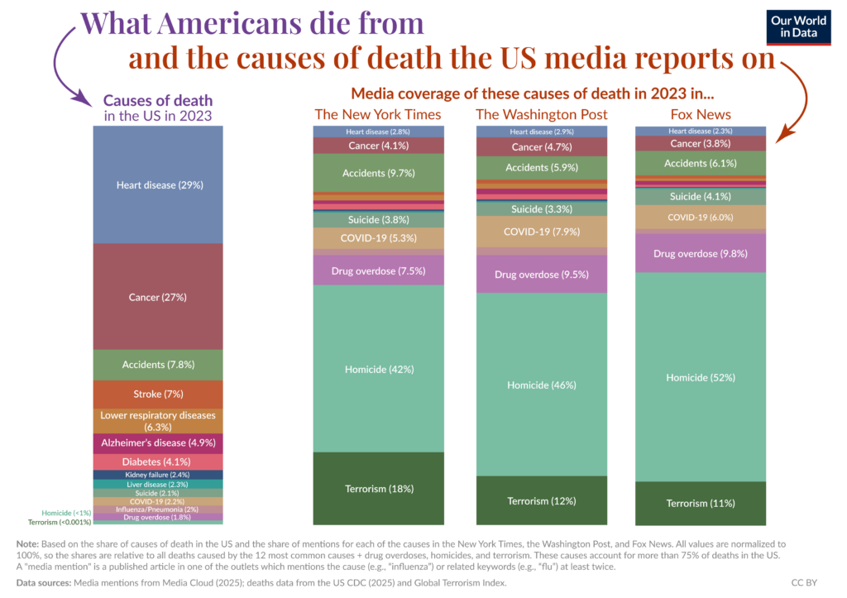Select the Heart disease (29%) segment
coord(160,184)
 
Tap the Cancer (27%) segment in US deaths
coord(160,296)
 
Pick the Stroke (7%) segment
coord(160,394)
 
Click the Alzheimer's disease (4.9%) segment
coord(160,443)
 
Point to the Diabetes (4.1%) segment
coord(160,462)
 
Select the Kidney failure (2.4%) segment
coord(160,475)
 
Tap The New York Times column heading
coord(377,114)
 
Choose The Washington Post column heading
coord(541,114)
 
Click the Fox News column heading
coord(701,114)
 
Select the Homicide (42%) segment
coord(377,368)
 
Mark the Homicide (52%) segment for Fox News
coord(701,377)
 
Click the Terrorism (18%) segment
coord(377,488)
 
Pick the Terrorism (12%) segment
coord(541,500)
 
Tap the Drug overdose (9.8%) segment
coord(701,253)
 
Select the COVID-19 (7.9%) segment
coord(541,232)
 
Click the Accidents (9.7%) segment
coord(377,173)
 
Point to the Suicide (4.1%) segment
coord(701,196)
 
